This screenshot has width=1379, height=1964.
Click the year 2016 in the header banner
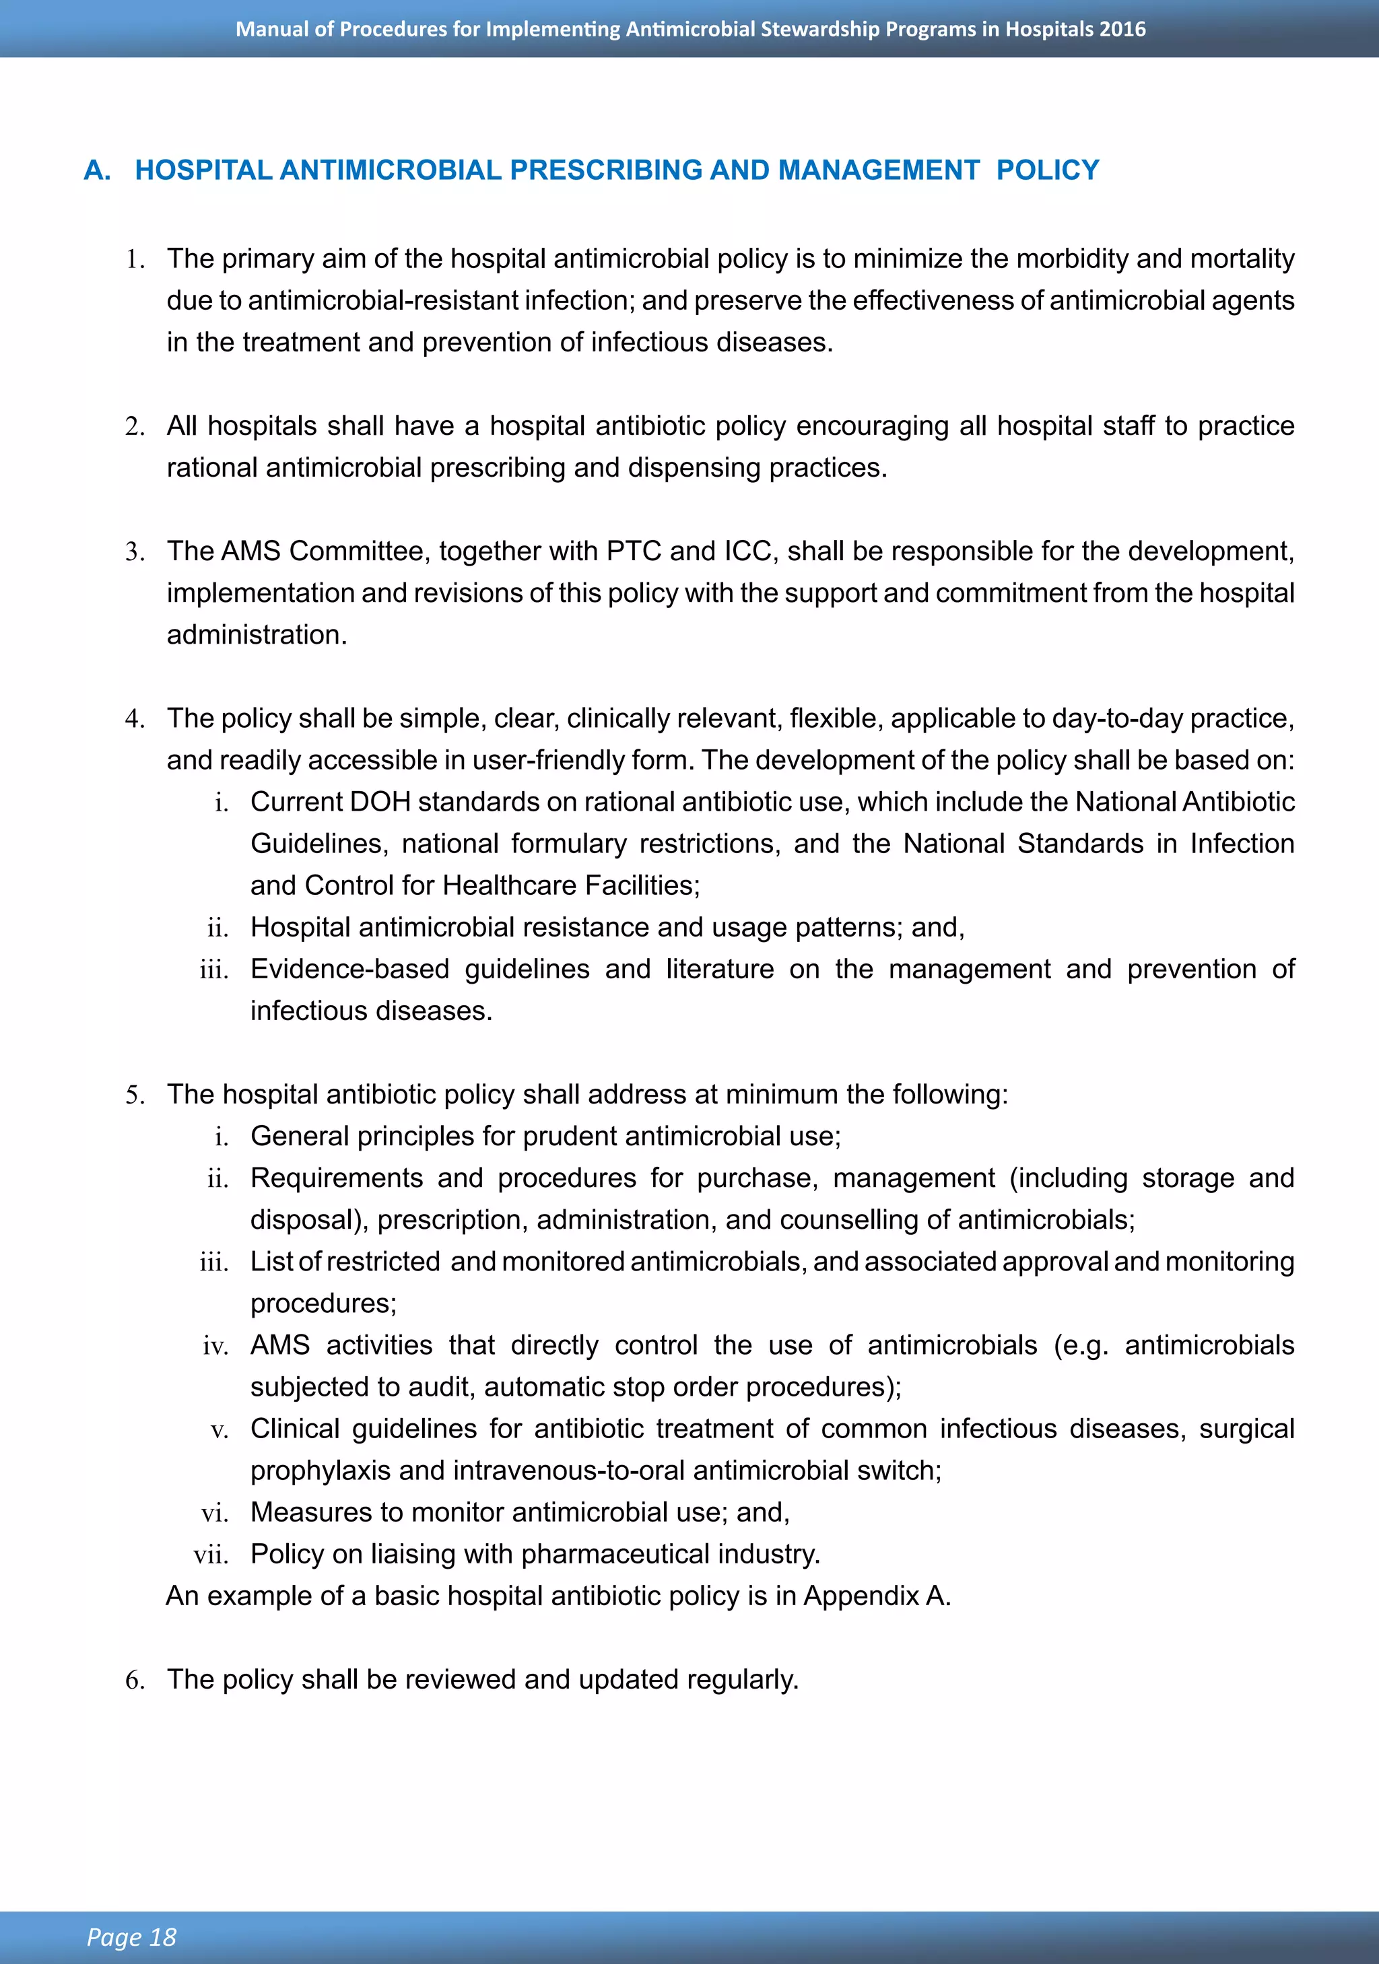(x=1122, y=29)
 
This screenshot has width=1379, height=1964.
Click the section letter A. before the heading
(x=97, y=170)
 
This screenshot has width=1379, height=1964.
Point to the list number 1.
(x=135, y=259)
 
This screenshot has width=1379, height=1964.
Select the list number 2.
(x=135, y=426)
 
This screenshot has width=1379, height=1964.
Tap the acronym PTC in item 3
(x=634, y=551)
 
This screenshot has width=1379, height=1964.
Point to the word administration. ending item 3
(x=257, y=635)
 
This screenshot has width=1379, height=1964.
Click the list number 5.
(x=135, y=1095)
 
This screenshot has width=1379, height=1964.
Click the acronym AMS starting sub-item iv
(x=279, y=1345)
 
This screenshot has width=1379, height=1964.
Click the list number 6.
(x=135, y=1680)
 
